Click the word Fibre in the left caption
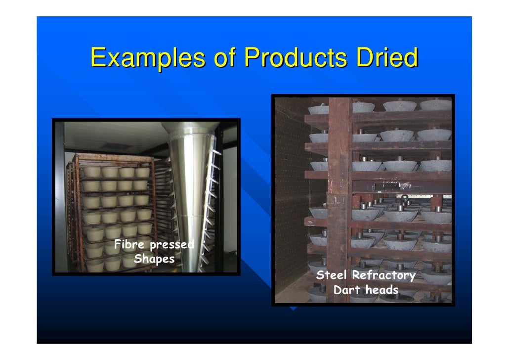click(x=130, y=245)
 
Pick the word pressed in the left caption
click(x=170, y=245)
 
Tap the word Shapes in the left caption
click(x=154, y=259)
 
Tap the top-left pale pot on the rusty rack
click(x=91, y=172)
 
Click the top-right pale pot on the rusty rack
click(x=142, y=172)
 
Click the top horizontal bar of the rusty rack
click(x=114, y=157)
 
